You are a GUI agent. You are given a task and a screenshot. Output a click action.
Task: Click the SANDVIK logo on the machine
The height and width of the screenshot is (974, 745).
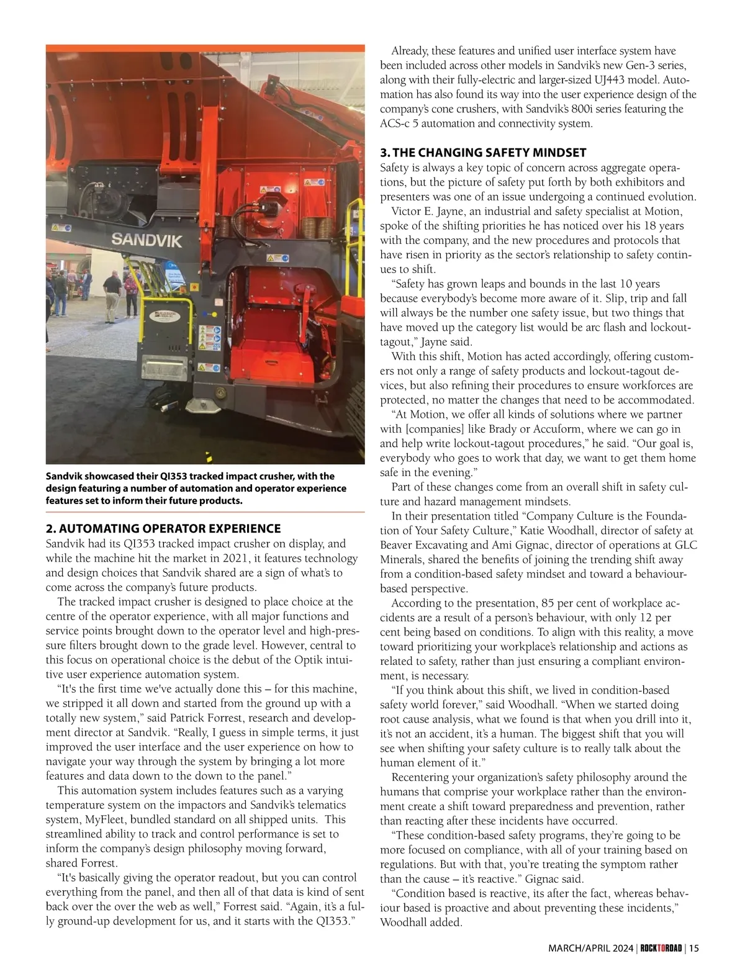pos(147,240)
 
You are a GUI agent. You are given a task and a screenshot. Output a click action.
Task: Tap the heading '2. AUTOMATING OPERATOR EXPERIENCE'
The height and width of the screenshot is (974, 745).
pos(163,529)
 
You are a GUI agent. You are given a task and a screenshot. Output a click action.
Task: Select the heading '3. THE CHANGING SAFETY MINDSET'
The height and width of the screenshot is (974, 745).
pos(483,153)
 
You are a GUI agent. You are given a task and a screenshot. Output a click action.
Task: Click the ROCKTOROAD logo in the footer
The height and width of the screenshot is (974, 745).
pos(661,948)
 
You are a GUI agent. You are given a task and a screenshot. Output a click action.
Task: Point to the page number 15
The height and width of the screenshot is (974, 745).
pos(693,948)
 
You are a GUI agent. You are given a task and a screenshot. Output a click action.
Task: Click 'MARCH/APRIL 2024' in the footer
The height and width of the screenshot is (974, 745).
pos(591,948)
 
